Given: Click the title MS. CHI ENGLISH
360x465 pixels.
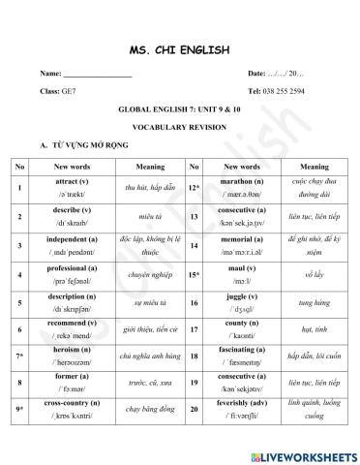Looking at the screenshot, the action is coord(180,48).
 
